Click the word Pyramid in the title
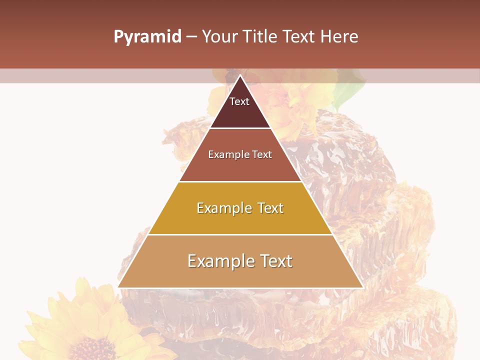click(147, 37)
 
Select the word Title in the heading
click(260, 37)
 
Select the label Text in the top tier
click(239, 102)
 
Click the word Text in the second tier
click(262, 155)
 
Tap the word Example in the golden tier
click(223, 208)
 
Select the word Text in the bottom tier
click(275, 261)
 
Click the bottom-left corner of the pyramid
click(118, 287)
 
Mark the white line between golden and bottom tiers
click(240, 234)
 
